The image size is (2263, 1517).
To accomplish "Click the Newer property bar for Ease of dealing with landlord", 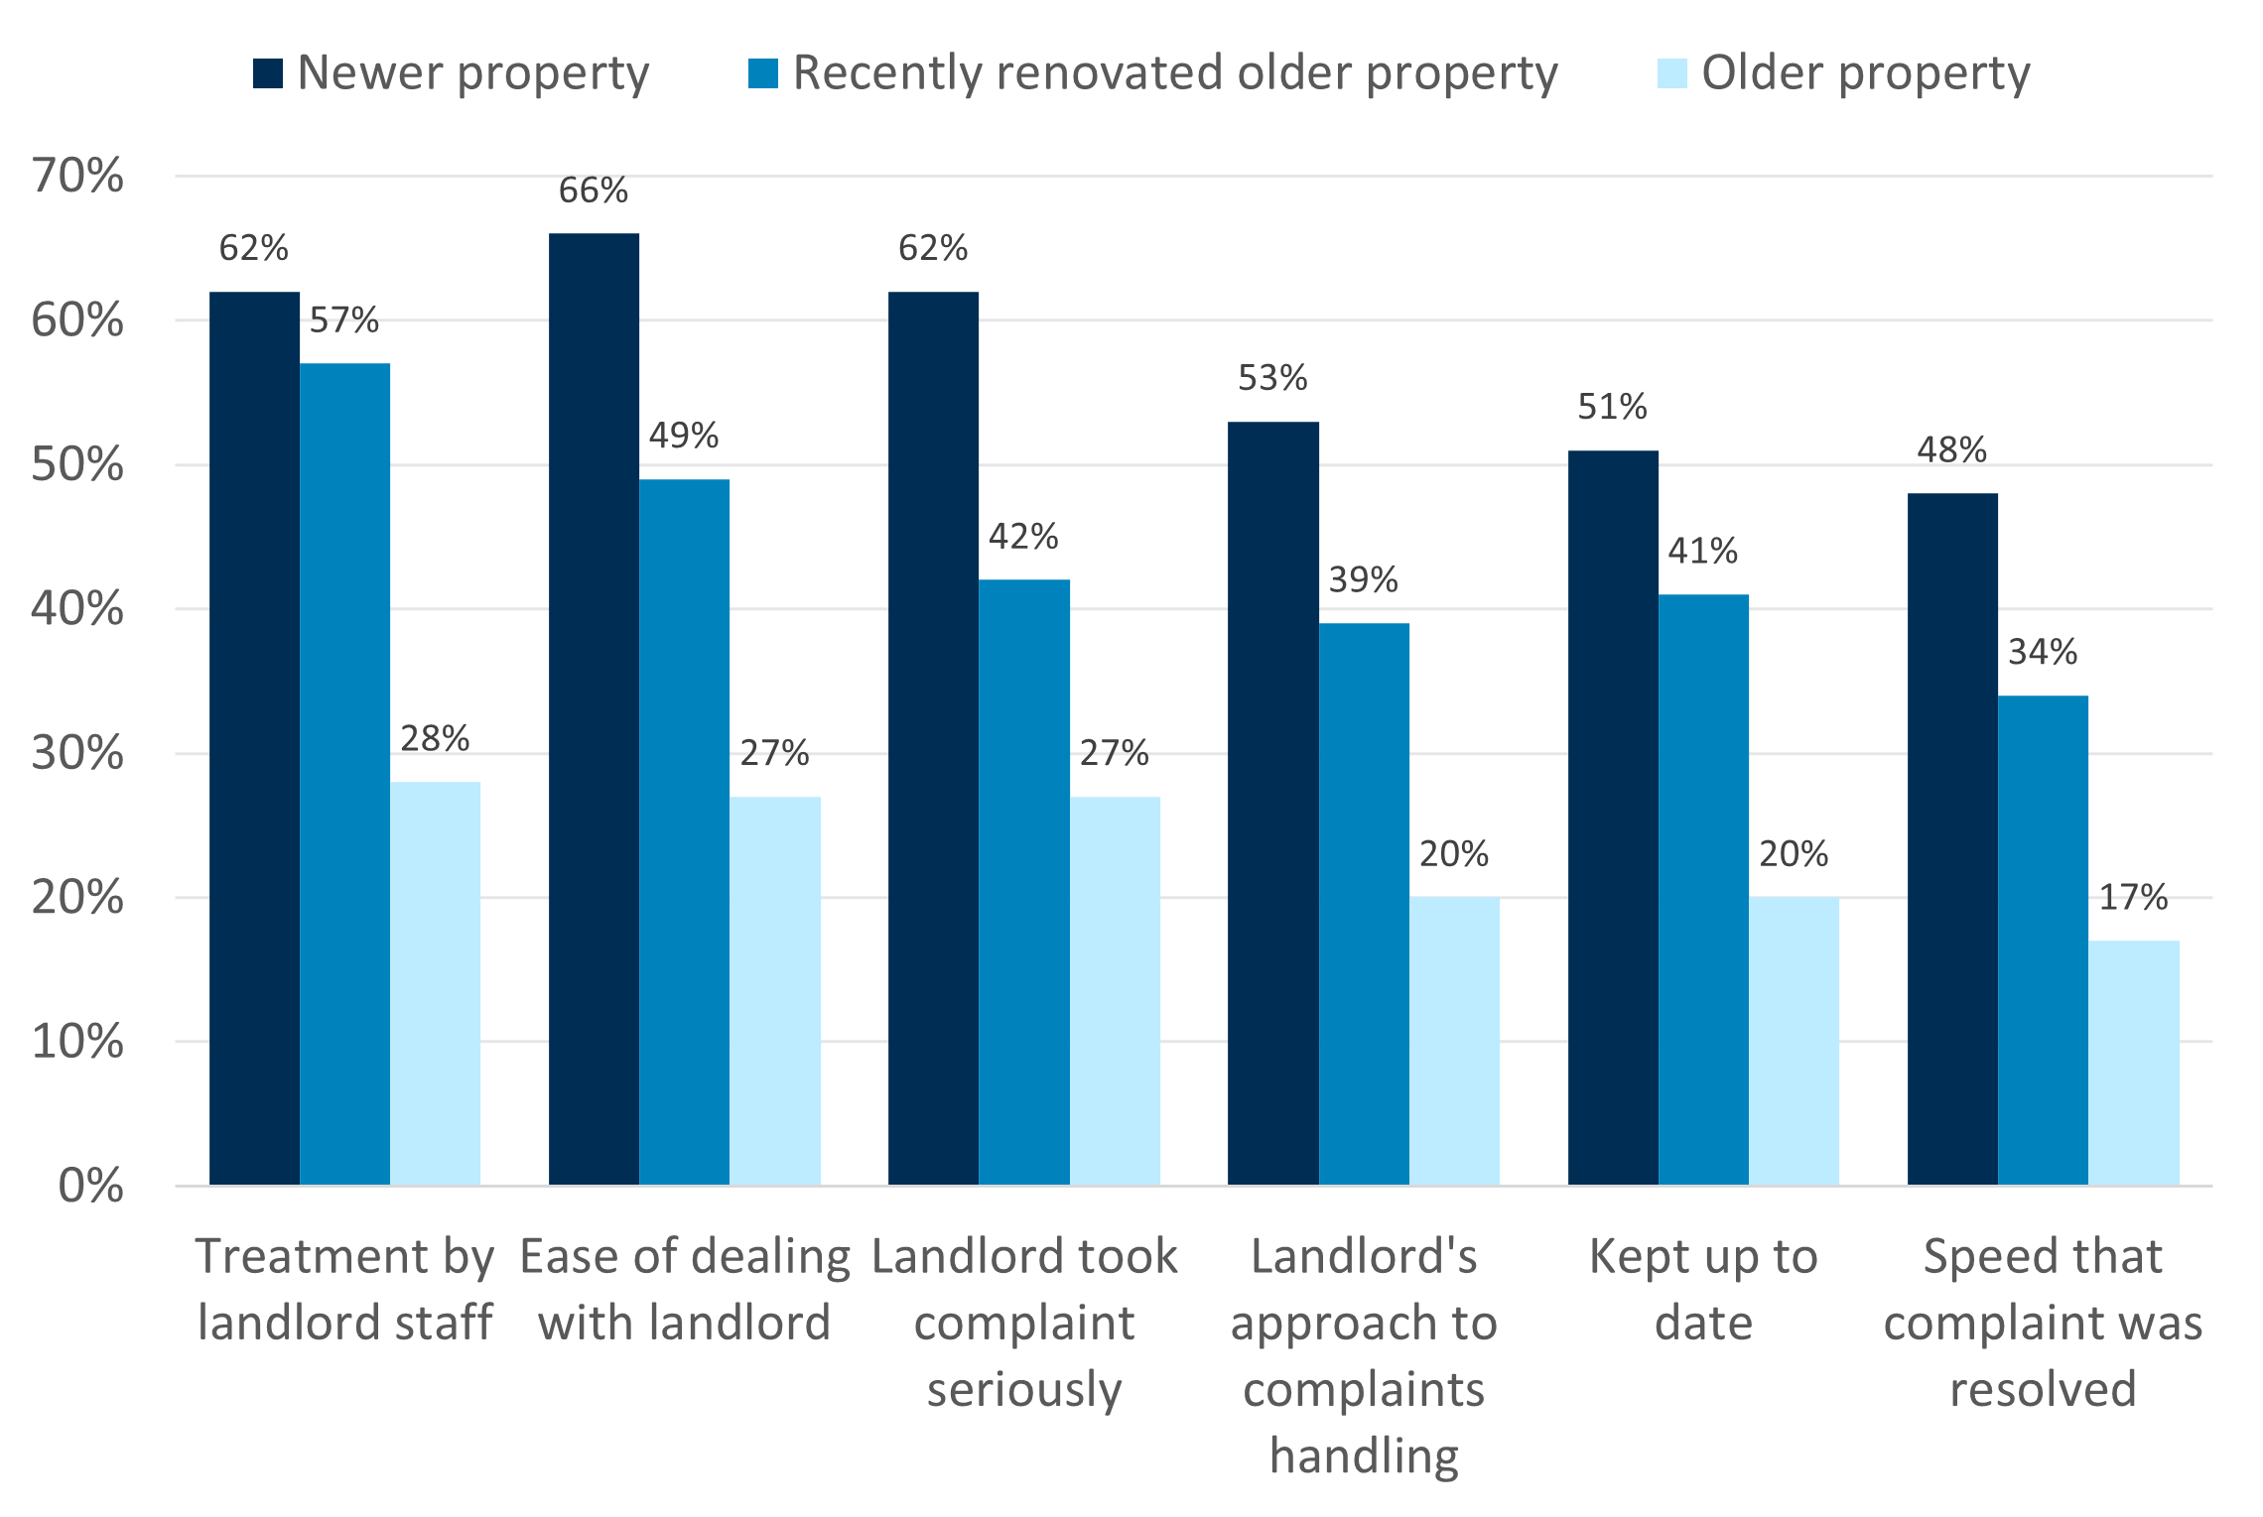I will tap(594, 709).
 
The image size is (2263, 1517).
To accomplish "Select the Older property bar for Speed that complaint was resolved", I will tap(2133, 1063).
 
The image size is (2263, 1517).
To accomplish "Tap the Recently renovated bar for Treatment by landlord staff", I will tap(344, 774).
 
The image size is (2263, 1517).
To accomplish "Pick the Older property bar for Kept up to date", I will tap(1794, 1041).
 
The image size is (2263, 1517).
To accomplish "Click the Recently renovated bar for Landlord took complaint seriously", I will tap(1023, 882).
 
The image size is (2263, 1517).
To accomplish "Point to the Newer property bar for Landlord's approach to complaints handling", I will tap(1272, 804).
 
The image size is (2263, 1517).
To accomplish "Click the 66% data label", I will tap(594, 190).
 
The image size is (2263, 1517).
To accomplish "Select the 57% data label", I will tap(344, 319).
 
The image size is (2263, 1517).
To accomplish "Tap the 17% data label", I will tap(2133, 897).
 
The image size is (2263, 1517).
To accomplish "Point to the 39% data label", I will tap(1364, 579).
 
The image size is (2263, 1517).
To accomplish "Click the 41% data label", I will tap(1703, 551).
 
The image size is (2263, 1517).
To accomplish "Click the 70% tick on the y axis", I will tap(77, 177).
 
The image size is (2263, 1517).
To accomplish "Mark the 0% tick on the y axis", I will tap(90, 1186).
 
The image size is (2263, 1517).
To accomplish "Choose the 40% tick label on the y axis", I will tap(77, 608).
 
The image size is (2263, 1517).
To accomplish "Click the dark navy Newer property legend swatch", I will tap(268, 73).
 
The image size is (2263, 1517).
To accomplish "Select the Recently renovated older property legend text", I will tap(1175, 73).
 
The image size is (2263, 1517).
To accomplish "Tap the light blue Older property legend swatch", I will tap(1671, 73).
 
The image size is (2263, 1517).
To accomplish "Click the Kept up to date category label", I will tap(1703, 1289).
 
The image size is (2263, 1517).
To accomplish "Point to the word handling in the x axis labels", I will tap(1364, 1455).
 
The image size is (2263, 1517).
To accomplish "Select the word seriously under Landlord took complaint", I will tap(1023, 1389).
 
